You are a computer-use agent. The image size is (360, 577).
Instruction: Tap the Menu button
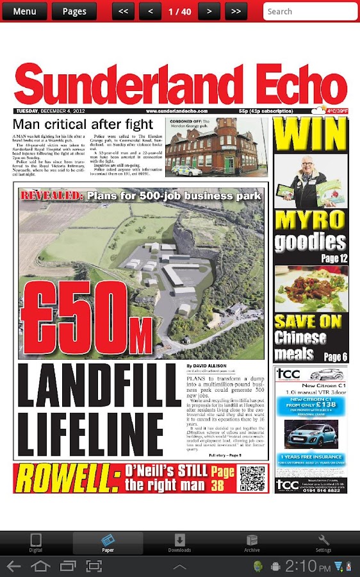(x=24, y=11)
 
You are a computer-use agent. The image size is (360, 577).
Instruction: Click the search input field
(x=310, y=11)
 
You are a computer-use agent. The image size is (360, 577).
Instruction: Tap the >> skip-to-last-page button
(x=236, y=11)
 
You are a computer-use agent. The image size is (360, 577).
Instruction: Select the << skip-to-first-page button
(x=123, y=11)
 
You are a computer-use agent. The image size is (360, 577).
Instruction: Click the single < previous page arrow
(x=150, y=11)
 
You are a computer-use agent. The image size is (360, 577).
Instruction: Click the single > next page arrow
(x=209, y=11)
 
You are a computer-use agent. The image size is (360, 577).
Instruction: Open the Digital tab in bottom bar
(x=36, y=543)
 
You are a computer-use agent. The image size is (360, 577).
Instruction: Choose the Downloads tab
(x=179, y=543)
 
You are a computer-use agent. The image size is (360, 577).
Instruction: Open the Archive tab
(x=252, y=543)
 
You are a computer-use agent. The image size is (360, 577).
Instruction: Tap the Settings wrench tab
(x=323, y=543)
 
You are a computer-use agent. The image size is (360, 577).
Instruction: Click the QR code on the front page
(x=252, y=478)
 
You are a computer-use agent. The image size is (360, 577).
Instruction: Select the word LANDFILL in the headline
(x=100, y=383)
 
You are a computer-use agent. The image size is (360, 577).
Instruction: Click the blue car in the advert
(x=310, y=435)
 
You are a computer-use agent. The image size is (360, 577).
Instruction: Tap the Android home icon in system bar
(x=40, y=566)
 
